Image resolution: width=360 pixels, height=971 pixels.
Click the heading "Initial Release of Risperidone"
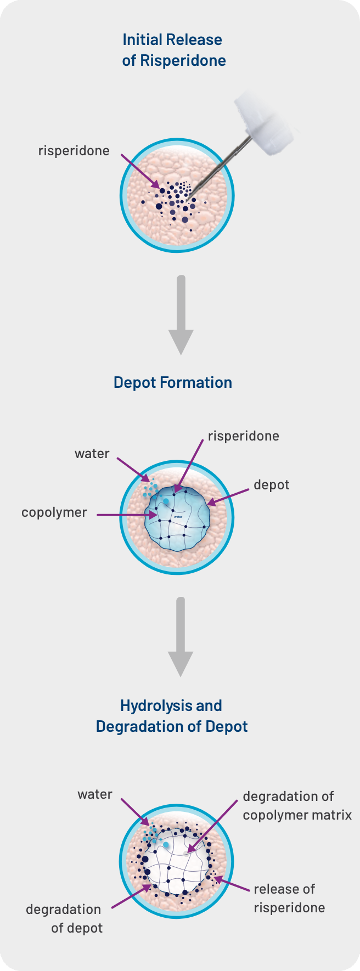[x=174, y=50]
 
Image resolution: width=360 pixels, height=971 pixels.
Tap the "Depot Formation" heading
[x=173, y=382]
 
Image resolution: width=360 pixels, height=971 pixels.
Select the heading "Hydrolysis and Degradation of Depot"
[x=172, y=716]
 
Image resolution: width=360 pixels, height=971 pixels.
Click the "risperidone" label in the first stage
[x=74, y=151]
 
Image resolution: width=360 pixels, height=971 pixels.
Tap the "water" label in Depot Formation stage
[x=92, y=454]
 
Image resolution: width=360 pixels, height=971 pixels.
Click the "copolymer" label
[x=54, y=513]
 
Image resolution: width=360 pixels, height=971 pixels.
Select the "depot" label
[x=272, y=485]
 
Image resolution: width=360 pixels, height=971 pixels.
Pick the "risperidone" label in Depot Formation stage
[x=244, y=436]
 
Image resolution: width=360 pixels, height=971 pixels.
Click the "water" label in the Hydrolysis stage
[x=95, y=794]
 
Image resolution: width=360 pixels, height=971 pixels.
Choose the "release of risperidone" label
[x=289, y=898]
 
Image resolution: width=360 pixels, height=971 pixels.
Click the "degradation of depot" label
[x=64, y=918]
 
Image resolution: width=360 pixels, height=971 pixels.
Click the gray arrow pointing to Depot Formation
[x=181, y=315]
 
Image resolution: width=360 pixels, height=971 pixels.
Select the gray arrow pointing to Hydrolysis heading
[x=181, y=637]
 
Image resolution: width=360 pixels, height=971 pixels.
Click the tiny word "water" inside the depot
[x=178, y=517]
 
